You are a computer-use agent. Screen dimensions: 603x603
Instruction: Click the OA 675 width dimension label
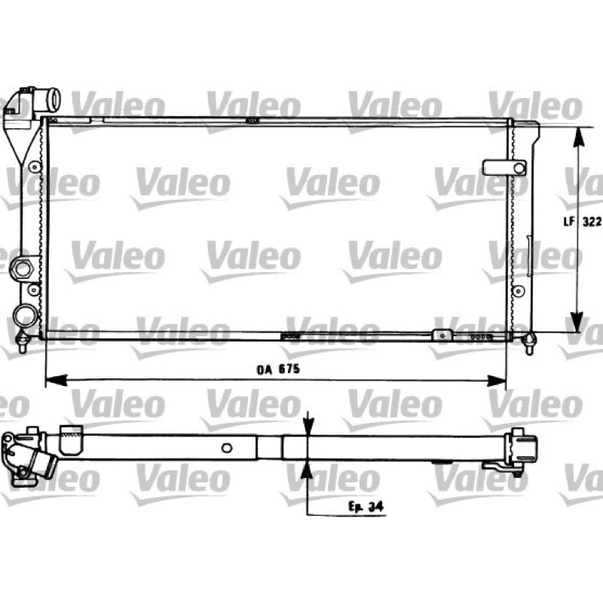pyautogui.click(x=277, y=369)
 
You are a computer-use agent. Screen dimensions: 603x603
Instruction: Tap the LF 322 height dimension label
pyautogui.click(x=582, y=222)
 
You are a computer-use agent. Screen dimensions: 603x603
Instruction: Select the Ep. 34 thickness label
pyautogui.click(x=366, y=507)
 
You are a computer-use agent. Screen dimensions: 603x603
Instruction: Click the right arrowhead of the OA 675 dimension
pyautogui.click(x=495, y=381)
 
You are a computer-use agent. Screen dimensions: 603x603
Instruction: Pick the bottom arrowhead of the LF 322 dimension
pyautogui.click(x=577, y=322)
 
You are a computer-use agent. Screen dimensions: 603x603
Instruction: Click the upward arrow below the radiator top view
pyautogui.click(x=307, y=469)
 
